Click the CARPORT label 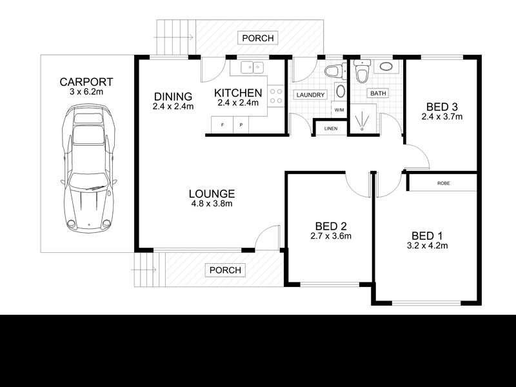point(86,82)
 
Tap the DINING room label point(174,97)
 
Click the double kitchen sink point(250,66)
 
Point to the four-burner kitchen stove point(275,97)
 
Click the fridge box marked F point(223,124)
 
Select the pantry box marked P point(241,124)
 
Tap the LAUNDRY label point(310,95)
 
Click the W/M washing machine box point(339,109)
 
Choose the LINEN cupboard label point(330,128)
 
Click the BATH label point(377,94)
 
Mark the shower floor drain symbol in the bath point(362,129)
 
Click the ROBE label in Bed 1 point(443,183)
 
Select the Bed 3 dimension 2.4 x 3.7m point(442,117)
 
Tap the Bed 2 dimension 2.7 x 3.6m point(331,236)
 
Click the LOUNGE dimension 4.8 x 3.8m point(211,204)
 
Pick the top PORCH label point(258,39)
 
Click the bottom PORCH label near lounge point(225,270)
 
